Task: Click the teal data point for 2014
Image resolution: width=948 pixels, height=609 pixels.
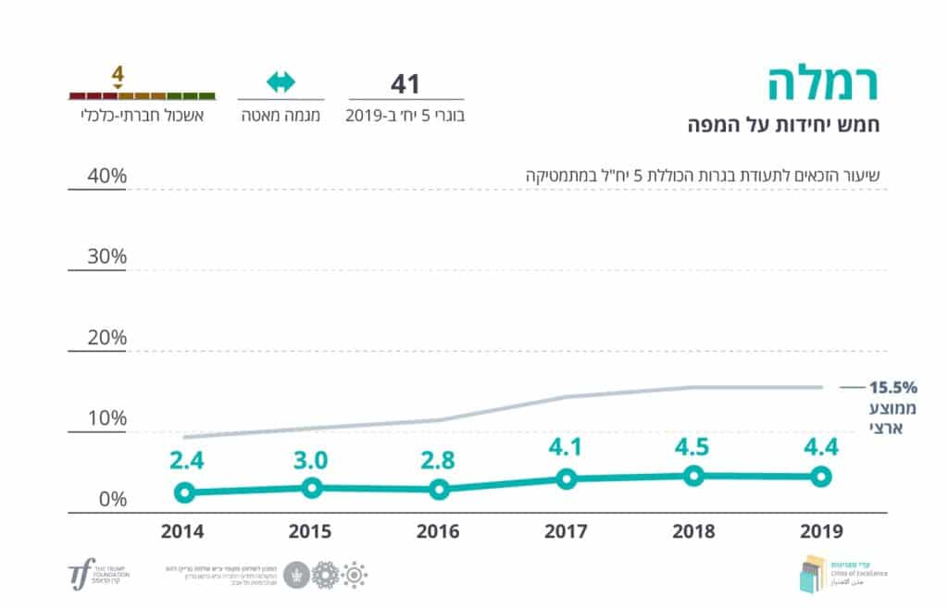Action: pyautogui.click(x=185, y=492)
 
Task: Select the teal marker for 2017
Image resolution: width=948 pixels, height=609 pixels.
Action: pyautogui.click(x=567, y=478)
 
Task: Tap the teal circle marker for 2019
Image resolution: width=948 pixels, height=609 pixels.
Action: pyautogui.click(x=820, y=477)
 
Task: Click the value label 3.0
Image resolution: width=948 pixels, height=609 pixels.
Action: pyautogui.click(x=312, y=458)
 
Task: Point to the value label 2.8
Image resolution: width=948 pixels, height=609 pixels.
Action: pyautogui.click(x=440, y=460)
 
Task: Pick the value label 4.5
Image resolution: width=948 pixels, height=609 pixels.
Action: pyautogui.click(x=694, y=447)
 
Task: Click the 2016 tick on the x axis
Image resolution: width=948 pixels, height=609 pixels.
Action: pyautogui.click(x=440, y=532)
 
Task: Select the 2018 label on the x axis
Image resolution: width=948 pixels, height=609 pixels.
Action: pyautogui.click(x=693, y=532)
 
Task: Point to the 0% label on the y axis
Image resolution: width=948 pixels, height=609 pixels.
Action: pyautogui.click(x=111, y=500)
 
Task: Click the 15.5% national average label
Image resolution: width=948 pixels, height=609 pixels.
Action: pyautogui.click(x=892, y=387)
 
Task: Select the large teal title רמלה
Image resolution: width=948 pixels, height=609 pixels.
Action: pyautogui.click(x=823, y=85)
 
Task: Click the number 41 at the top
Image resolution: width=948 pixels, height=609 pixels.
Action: pyautogui.click(x=405, y=83)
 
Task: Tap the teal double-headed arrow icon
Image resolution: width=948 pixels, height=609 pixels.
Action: pyautogui.click(x=281, y=82)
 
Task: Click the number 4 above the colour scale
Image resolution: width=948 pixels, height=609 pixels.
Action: pyautogui.click(x=118, y=72)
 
